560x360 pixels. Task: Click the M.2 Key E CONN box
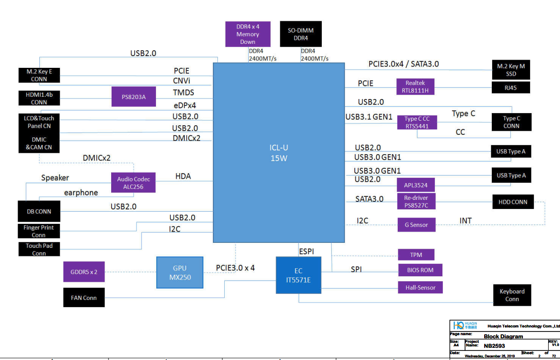coord(39,75)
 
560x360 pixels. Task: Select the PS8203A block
coord(134,97)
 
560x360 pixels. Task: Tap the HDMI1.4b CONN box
coord(39,98)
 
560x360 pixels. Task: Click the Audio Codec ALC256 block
coord(133,183)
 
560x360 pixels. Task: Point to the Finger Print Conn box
coord(38,231)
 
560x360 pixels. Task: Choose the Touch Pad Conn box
coord(39,249)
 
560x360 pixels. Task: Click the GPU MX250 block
coord(179,273)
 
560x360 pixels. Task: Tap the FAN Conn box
coord(84,298)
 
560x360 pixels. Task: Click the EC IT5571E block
coord(298,275)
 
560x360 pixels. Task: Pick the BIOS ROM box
coord(420,270)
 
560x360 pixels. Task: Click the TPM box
coord(416,255)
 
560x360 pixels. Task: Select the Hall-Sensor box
coord(420,287)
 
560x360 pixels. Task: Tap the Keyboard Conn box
coord(512,295)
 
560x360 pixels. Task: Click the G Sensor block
coord(416,225)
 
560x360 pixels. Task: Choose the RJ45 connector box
coord(510,88)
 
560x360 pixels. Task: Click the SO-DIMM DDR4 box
coord(301,34)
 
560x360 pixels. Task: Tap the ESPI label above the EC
coord(306,251)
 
